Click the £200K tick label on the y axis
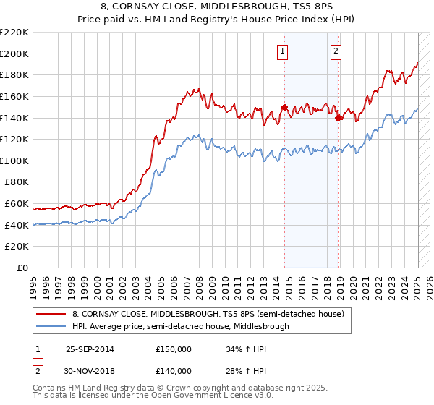[x=15, y=54]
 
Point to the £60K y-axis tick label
[x=17, y=204]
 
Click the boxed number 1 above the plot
[x=282, y=51]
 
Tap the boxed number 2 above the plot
[x=337, y=51]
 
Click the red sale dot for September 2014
[x=284, y=107]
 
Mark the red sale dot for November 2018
[x=338, y=118]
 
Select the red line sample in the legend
[x=51, y=314]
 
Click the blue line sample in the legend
[x=51, y=326]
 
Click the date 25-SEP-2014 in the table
[x=90, y=349]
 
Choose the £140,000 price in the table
[x=173, y=370]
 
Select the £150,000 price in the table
[x=173, y=349]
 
